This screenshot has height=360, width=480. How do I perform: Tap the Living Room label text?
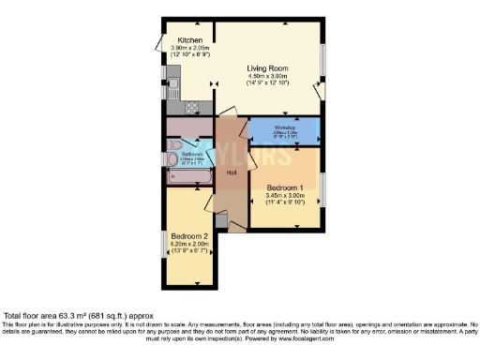pyautogui.click(x=267, y=68)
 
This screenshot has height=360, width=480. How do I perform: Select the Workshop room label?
pyautogui.click(x=285, y=127)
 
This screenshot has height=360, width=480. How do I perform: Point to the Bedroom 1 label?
pyautogui.click(x=285, y=187)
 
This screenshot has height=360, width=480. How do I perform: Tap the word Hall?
pyautogui.click(x=232, y=172)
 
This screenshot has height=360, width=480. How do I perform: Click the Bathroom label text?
pyautogui.click(x=191, y=154)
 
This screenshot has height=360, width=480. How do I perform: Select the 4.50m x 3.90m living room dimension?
pyautogui.click(x=267, y=77)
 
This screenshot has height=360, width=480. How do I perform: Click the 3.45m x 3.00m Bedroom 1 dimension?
pyautogui.click(x=285, y=196)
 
